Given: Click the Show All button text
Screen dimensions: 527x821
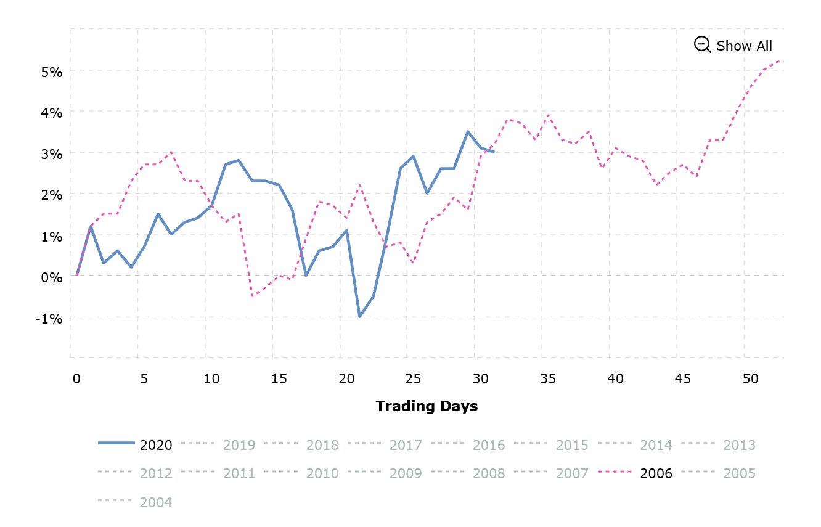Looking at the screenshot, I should [x=744, y=46].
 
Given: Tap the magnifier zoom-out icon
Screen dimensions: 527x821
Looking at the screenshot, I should [x=702, y=44].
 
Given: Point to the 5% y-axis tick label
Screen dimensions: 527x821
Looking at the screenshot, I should [x=52, y=71].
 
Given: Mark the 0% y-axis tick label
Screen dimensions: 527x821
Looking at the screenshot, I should [x=52, y=277].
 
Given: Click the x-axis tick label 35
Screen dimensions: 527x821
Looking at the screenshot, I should [x=548, y=379].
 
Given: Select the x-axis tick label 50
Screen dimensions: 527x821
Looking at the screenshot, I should [x=750, y=379].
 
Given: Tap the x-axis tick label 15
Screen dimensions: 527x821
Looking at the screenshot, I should [x=279, y=379].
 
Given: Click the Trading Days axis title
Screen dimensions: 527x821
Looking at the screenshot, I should [x=427, y=406].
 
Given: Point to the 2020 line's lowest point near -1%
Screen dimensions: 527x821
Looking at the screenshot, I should [x=360, y=317].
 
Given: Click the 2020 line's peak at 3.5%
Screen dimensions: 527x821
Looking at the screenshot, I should [x=468, y=131].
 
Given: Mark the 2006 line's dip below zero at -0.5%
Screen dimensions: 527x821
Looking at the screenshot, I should [x=252, y=296].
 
